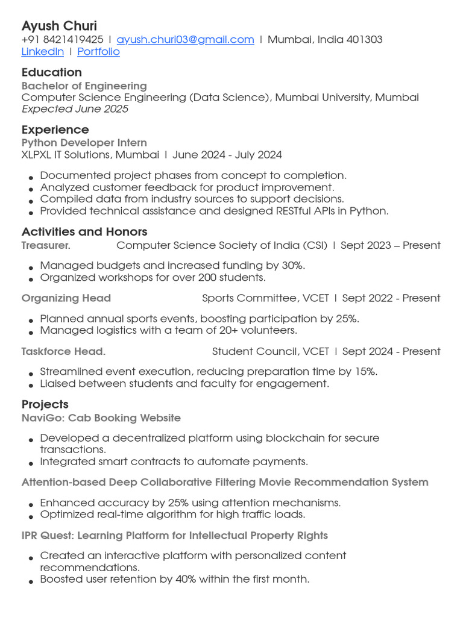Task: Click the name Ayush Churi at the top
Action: click(59, 26)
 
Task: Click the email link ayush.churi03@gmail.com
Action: click(185, 40)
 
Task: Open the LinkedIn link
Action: click(42, 52)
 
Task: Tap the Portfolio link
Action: click(98, 52)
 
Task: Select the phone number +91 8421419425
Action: click(63, 40)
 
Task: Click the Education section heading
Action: click(51, 72)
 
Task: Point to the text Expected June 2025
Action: click(75, 109)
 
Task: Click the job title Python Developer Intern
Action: click(84, 143)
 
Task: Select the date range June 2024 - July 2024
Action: click(227, 155)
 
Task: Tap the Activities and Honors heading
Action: click(84, 232)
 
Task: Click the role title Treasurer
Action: click(46, 245)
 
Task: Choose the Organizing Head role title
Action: click(66, 298)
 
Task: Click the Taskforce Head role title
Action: click(63, 351)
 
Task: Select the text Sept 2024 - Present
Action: click(391, 351)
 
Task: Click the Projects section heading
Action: click(45, 404)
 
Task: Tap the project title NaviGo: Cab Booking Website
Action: click(101, 418)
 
